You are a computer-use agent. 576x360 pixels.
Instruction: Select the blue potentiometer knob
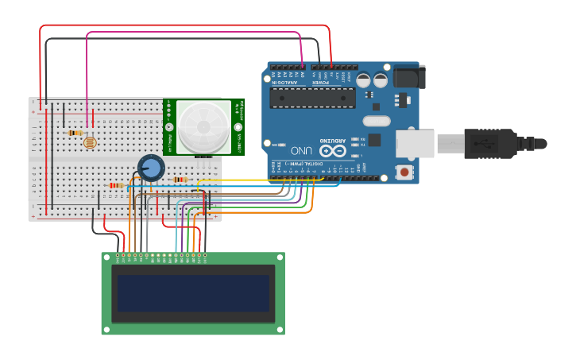pos(151,167)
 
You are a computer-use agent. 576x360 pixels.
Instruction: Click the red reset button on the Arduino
pos(405,172)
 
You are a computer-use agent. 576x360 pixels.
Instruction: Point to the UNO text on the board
pos(301,150)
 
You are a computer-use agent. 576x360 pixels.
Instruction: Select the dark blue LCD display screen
pos(193,293)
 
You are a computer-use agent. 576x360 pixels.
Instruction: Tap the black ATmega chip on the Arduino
pos(312,98)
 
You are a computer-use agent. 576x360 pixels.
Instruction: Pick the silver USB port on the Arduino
pos(415,144)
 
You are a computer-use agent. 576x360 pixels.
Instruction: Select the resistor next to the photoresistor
pos(75,133)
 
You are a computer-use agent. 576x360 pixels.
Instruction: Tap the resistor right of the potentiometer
pos(180,180)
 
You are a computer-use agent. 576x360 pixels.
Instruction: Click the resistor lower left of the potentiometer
pos(116,185)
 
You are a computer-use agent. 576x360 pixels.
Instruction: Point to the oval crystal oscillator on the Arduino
pos(376,122)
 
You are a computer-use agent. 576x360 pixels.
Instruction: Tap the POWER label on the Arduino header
pos(320,82)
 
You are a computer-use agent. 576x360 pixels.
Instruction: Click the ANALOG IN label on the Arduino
pos(286,82)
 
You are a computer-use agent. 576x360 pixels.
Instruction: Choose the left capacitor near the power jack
pos(363,80)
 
